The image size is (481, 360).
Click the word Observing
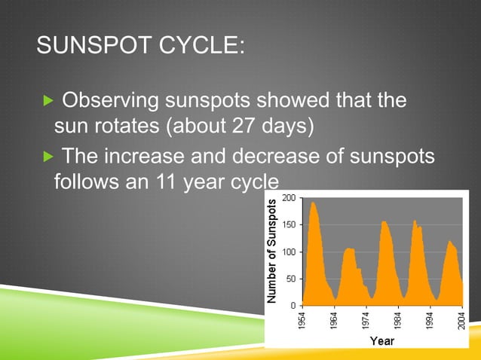112,99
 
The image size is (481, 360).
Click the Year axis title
381,341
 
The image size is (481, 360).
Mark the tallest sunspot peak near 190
313,203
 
